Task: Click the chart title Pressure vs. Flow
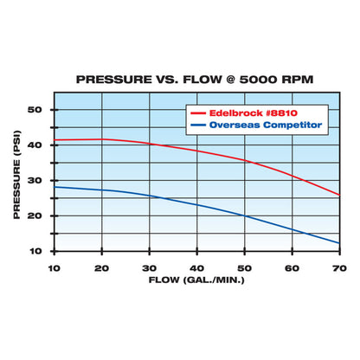click(195, 78)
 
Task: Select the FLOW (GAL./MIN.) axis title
click(196, 281)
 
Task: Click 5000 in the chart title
click(257, 78)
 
